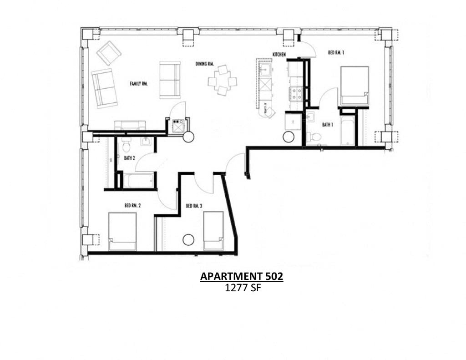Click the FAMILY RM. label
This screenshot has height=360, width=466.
click(x=139, y=84)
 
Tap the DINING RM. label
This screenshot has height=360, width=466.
click(x=205, y=64)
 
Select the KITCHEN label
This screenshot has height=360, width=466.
click(x=279, y=55)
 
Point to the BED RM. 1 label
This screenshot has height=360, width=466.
click(x=336, y=53)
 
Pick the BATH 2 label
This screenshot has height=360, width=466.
click(x=129, y=158)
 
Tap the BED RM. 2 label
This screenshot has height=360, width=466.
click(x=132, y=206)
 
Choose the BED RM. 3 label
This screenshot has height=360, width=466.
click(x=194, y=206)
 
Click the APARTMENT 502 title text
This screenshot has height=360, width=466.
click(x=242, y=276)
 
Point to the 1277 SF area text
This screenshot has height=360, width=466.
click(x=242, y=288)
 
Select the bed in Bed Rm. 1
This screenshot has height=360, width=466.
click(x=354, y=86)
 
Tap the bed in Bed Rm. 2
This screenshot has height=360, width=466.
click(x=122, y=231)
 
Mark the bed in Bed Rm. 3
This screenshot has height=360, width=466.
click(x=213, y=230)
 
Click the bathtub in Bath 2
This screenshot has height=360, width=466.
click(x=140, y=180)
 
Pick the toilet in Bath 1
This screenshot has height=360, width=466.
click(x=314, y=137)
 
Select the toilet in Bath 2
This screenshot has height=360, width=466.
click(x=127, y=146)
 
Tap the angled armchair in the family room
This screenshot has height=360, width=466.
click(x=109, y=53)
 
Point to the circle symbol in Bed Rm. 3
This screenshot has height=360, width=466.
click(x=188, y=239)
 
